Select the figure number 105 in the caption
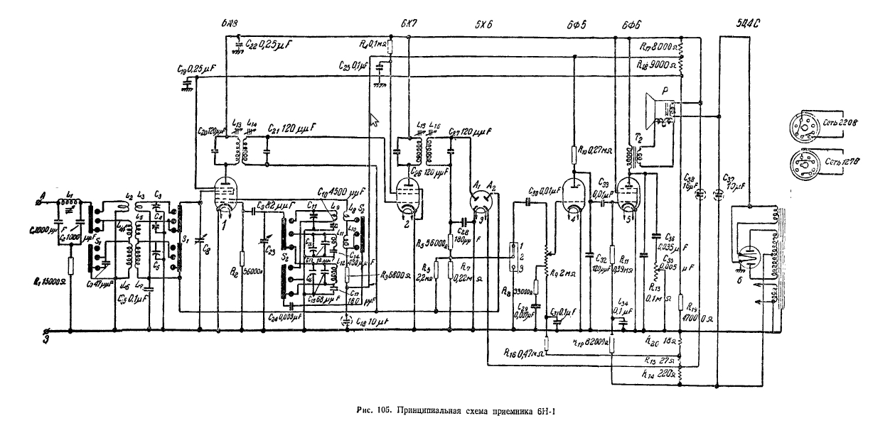pos(385,408)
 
